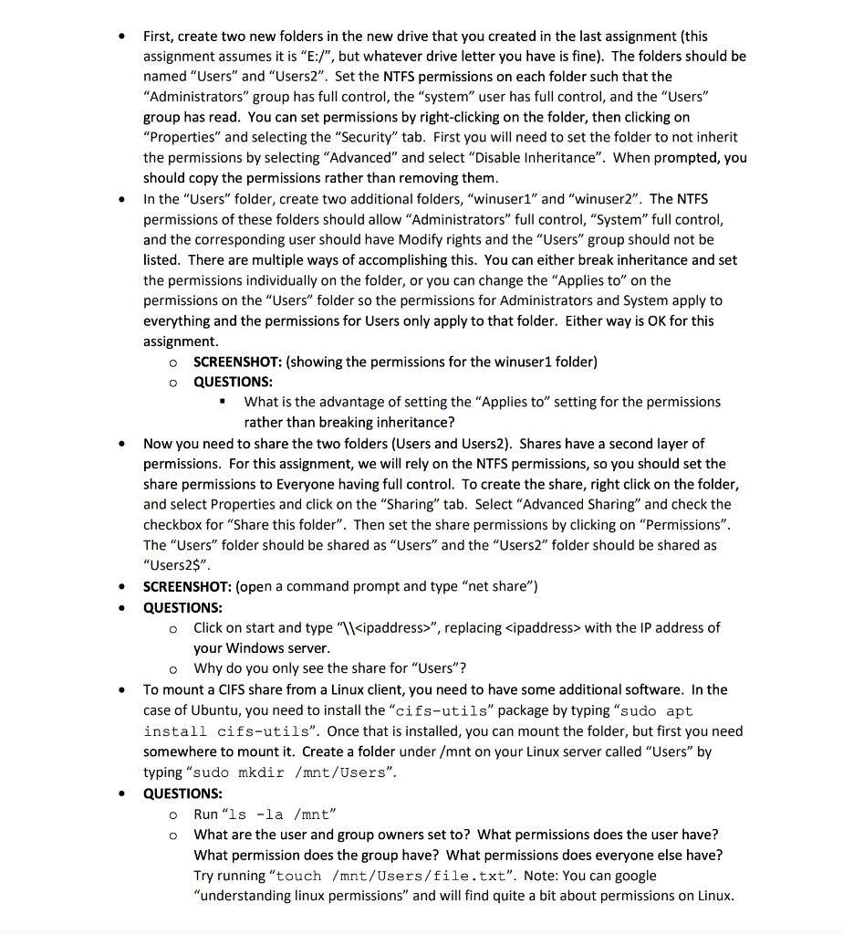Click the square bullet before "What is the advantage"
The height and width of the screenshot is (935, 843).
pos(222,402)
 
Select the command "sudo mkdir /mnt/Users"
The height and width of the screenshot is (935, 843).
pos(292,772)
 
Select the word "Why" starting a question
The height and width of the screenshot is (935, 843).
pos(209,668)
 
